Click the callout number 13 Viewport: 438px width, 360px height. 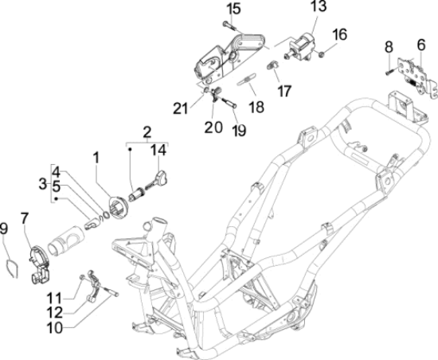tap(319, 6)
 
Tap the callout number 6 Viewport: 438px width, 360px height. tap(421, 45)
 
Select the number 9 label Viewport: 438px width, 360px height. tap(4, 229)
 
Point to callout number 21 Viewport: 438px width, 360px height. tap(181, 108)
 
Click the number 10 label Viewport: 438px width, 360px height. tap(55, 328)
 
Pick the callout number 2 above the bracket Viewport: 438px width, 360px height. tap(147, 132)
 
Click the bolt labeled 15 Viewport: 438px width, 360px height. tap(229, 26)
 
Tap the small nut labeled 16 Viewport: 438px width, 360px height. tap(321, 54)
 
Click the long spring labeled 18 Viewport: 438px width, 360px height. tap(246, 79)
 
